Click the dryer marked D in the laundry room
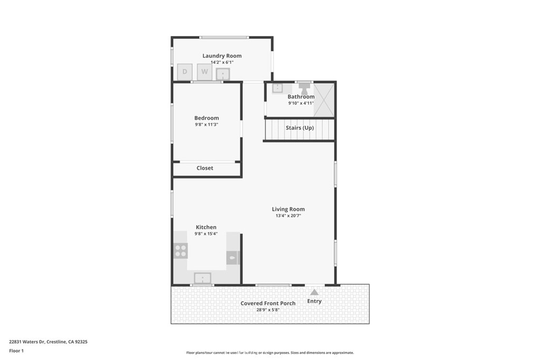185,72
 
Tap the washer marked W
205,72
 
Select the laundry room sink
223,74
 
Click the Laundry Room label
222,56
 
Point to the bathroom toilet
304,89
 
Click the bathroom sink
277,88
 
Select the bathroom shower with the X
324,100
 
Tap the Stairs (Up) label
300,128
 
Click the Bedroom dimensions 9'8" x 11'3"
206,124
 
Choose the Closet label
205,168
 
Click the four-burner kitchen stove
180,250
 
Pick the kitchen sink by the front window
202,278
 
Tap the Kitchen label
206,227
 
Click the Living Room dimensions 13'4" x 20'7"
288,216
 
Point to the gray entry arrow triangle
314,292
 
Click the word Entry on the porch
314,301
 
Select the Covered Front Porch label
268,303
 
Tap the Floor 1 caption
16,351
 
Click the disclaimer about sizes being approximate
270,353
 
